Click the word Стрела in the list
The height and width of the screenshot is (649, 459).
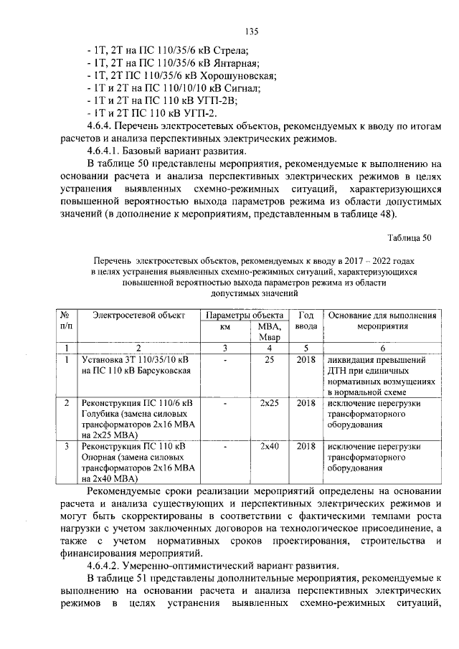[230, 50]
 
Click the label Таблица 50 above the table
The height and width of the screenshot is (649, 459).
[410, 237]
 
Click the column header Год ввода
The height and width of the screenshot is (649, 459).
[306, 321]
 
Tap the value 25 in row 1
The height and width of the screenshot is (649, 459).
[269, 359]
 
